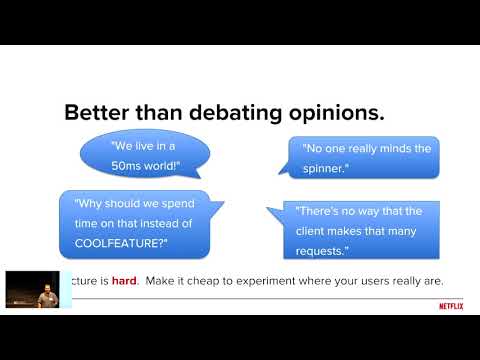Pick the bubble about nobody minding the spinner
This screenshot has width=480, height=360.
(367, 157)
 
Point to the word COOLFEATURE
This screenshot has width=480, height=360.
(116, 242)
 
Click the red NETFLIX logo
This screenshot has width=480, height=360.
(451, 307)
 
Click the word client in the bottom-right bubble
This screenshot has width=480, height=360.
(315, 227)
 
